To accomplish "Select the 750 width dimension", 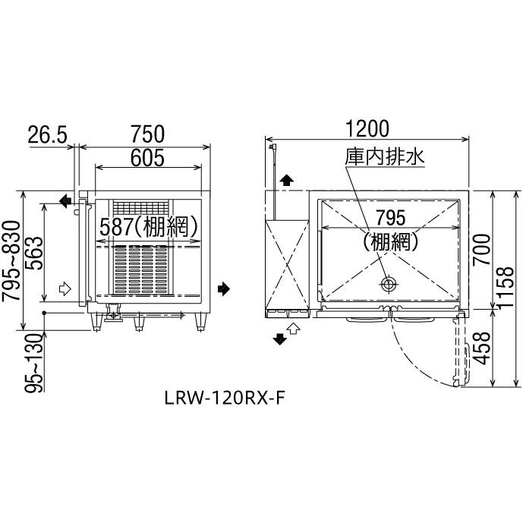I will [x=146, y=134].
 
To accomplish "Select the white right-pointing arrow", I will [x=64, y=288].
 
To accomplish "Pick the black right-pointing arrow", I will [x=223, y=288].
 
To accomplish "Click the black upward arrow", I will [x=286, y=180].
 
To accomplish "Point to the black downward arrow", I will [x=280, y=339].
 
